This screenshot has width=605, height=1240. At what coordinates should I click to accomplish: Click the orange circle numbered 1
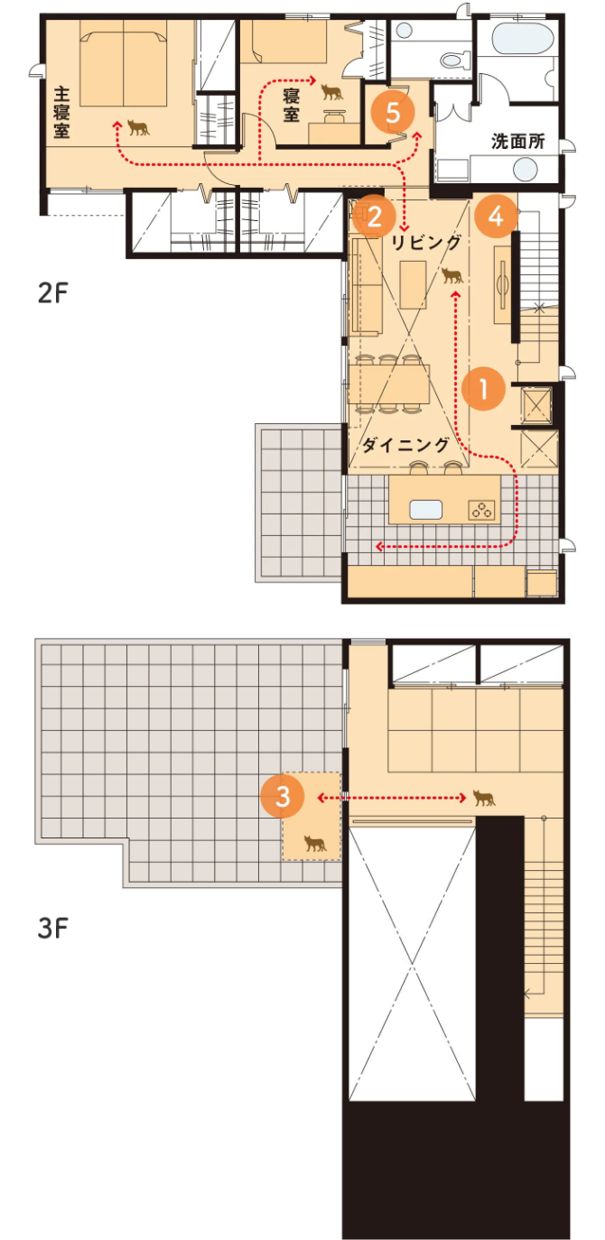point(483,389)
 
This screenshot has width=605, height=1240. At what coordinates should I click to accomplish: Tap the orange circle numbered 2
point(374,216)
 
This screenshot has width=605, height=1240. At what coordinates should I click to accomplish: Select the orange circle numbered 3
point(283,796)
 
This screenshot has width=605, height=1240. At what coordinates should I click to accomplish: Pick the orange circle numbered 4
point(496,216)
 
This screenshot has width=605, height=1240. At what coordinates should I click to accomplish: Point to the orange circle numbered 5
point(393,113)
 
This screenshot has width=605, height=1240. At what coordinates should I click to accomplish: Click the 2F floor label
point(52,292)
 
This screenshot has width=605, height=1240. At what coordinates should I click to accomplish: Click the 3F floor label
point(52,929)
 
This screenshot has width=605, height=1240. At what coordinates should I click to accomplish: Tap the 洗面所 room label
point(518,141)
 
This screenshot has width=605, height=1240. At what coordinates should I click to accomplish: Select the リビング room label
point(425,241)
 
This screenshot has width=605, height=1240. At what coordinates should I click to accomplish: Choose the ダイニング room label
point(405,445)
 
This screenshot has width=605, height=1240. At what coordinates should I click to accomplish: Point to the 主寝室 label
point(61,112)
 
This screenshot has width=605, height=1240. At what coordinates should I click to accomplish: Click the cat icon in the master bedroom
point(138,127)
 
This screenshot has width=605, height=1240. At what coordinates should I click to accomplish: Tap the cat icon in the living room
point(452,275)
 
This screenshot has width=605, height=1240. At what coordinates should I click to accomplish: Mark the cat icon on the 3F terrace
point(315,843)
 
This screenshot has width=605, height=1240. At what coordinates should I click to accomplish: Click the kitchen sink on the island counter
point(425,509)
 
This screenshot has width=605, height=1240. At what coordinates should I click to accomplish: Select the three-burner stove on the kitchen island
point(481,509)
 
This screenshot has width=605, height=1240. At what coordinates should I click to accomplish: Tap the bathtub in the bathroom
point(523,38)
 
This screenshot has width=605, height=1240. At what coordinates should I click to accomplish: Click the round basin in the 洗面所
point(526,170)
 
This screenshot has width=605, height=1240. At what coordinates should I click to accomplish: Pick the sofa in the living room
point(365,286)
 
